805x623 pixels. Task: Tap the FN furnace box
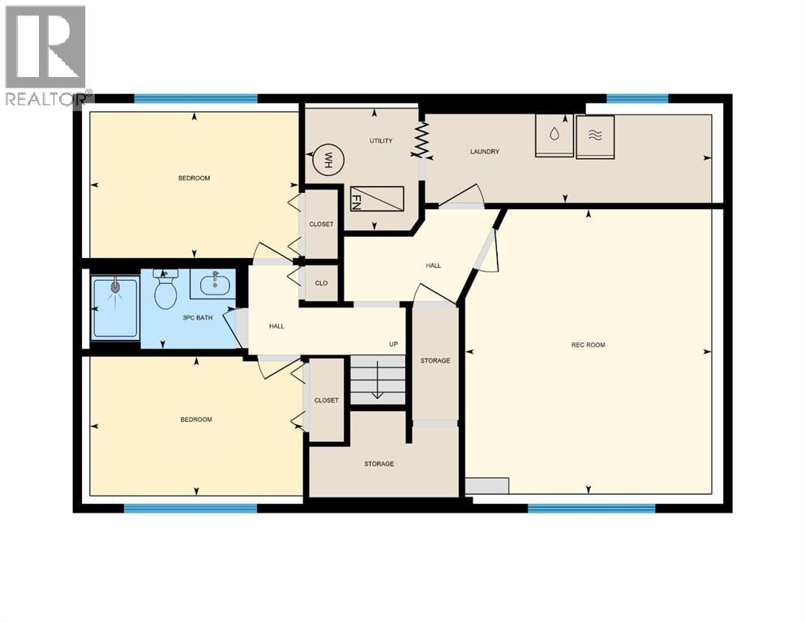tap(376, 199)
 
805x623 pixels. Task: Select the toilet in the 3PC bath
tap(166, 293)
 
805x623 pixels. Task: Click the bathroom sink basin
tap(214, 284)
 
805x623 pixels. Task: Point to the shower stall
tap(115, 307)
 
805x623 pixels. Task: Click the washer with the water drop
tap(554, 135)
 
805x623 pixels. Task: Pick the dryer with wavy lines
tap(595, 136)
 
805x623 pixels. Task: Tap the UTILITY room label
tap(381, 141)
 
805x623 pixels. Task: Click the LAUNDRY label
tap(485, 152)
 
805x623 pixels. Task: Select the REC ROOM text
tap(588, 345)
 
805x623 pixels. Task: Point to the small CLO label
tap(321, 284)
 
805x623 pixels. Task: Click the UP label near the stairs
tap(393, 344)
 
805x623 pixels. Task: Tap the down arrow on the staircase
tap(377, 394)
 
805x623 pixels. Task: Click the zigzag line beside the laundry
tap(422, 140)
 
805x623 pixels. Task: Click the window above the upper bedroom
tap(195, 99)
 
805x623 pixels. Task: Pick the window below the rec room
tap(591, 509)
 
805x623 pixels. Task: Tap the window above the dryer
tap(637, 99)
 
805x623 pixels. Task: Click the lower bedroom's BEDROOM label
tap(195, 419)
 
